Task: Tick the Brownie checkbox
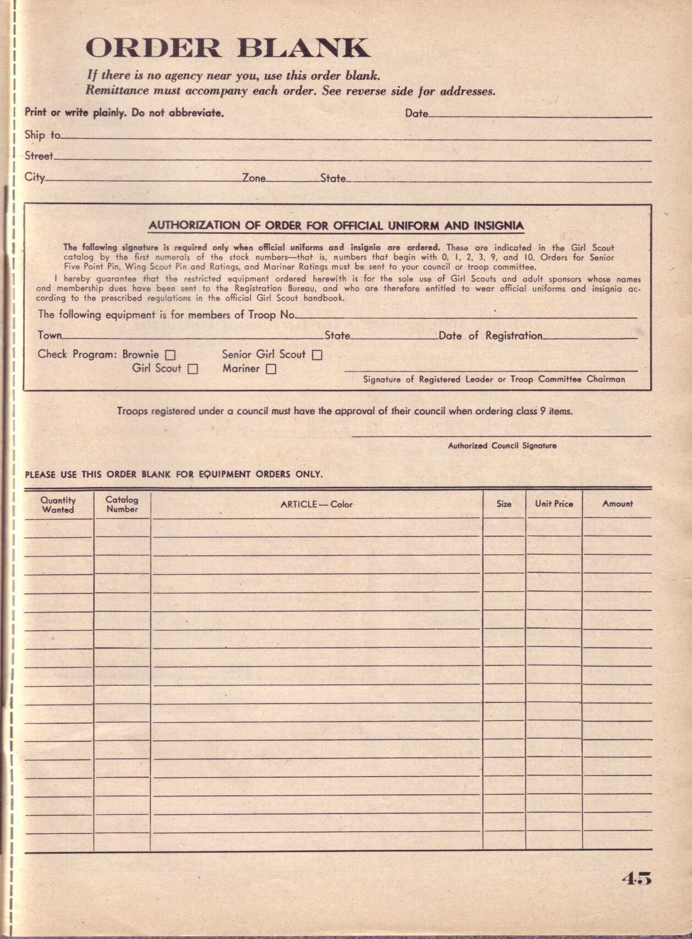point(171,356)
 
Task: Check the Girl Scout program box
point(193,369)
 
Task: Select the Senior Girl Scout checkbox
point(317,356)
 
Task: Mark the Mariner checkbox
point(271,370)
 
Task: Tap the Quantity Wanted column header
point(58,505)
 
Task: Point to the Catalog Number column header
point(122,504)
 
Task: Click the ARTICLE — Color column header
point(316,504)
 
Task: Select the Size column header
point(504,504)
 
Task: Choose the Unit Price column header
point(554,504)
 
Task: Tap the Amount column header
point(617,504)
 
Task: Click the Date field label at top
point(416,113)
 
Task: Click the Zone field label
point(254,178)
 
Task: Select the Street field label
point(39,156)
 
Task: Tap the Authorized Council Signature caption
point(502,446)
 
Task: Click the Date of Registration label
point(490,336)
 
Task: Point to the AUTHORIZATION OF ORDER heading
point(336,226)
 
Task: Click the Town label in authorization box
point(50,335)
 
